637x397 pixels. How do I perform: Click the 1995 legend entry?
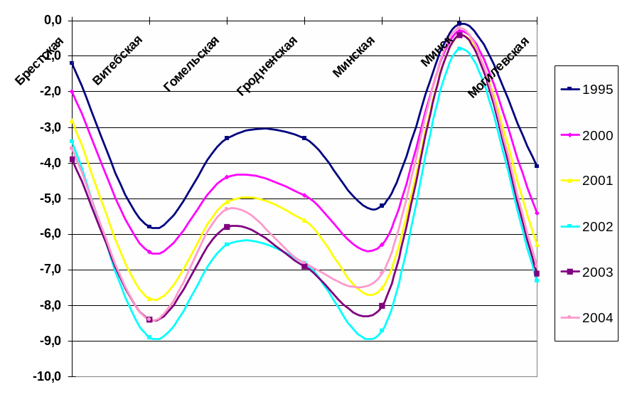pyautogui.click(x=587, y=90)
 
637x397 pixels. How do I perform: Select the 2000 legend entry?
pyautogui.click(x=587, y=135)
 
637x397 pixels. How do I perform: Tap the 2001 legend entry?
pyautogui.click(x=587, y=181)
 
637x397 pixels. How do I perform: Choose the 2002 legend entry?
pyautogui.click(x=587, y=226)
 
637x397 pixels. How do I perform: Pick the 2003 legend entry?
pyautogui.click(x=587, y=272)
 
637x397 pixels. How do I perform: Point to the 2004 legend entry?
pyautogui.click(x=587, y=317)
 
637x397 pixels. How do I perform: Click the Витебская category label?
pyautogui.click(x=117, y=60)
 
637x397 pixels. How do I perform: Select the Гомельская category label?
pyautogui.click(x=191, y=64)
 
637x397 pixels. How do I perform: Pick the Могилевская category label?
pyautogui.click(x=498, y=67)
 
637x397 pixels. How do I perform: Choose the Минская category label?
pyautogui.click(x=353, y=57)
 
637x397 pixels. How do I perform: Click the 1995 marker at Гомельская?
pyautogui.click(x=227, y=138)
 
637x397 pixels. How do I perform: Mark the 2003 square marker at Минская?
pyautogui.click(x=382, y=306)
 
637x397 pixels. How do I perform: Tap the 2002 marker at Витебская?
pyautogui.click(x=149, y=337)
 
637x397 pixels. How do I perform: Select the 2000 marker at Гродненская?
pyautogui.click(x=304, y=195)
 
